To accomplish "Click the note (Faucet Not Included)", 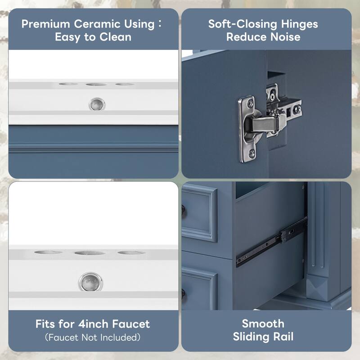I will (x=93, y=337).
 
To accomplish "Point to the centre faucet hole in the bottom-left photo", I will (x=90, y=253).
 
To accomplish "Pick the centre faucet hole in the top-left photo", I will (x=96, y=84).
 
